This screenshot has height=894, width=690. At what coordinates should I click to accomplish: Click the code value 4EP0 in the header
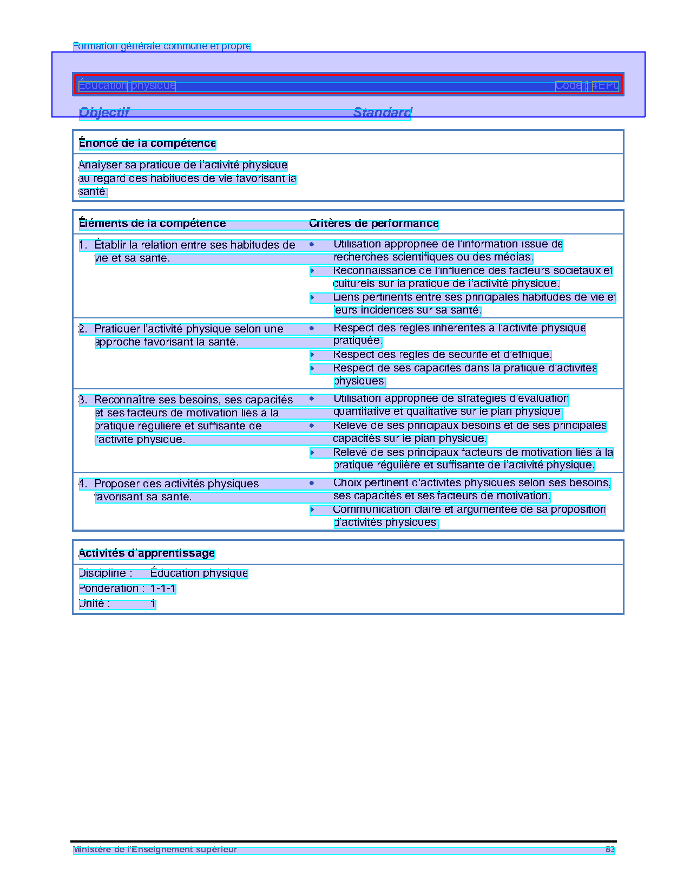pyautogui.click(x=605, y=86)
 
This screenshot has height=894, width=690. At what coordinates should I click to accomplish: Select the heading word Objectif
pyautogui.click(x=104, y=113)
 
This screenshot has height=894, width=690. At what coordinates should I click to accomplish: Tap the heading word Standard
pyautogui.click(x=382, y=113)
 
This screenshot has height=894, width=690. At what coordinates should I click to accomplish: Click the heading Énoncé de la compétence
pyautogui.click(x=147, y=143)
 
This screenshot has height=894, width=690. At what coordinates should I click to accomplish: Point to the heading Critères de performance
pyautogui.click(x=373, y=224)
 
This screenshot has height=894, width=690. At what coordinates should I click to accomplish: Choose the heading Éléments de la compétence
pyautogui.click(x=152, y=224)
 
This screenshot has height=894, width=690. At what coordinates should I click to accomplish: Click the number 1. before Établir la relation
pyautogui.click(x=83, y=245)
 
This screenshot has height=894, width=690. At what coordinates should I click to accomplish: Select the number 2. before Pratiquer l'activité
pyautogui.click(x=83, y=329)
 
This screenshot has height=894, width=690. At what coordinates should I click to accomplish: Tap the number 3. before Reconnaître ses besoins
pyautogui.click(x=83, y=400)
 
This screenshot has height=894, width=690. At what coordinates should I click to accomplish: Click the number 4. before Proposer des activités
pyautogui.click(x=83, y=484)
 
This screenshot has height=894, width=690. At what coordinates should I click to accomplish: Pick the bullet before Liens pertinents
pyautogui.click(x=312, y=297)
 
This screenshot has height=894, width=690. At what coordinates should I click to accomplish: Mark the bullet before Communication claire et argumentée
pyautogui.click(x=312, y=510)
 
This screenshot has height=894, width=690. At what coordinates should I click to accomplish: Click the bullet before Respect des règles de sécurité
pyautogui.click(x=312, y=355)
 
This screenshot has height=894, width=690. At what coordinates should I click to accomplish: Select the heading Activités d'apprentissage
pyautogui.click(x=147, y=553)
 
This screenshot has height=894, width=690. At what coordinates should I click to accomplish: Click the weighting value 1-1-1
pyautogui.click(x=163, y=589)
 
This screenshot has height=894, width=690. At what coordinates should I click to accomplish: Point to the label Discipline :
pyautogui.click(x=106, y=573)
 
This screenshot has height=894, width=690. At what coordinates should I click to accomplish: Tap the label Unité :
pyautogui.click(x=95, y=604)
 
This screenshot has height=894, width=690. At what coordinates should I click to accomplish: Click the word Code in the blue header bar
pyautogui.click(x=568, y=86)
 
